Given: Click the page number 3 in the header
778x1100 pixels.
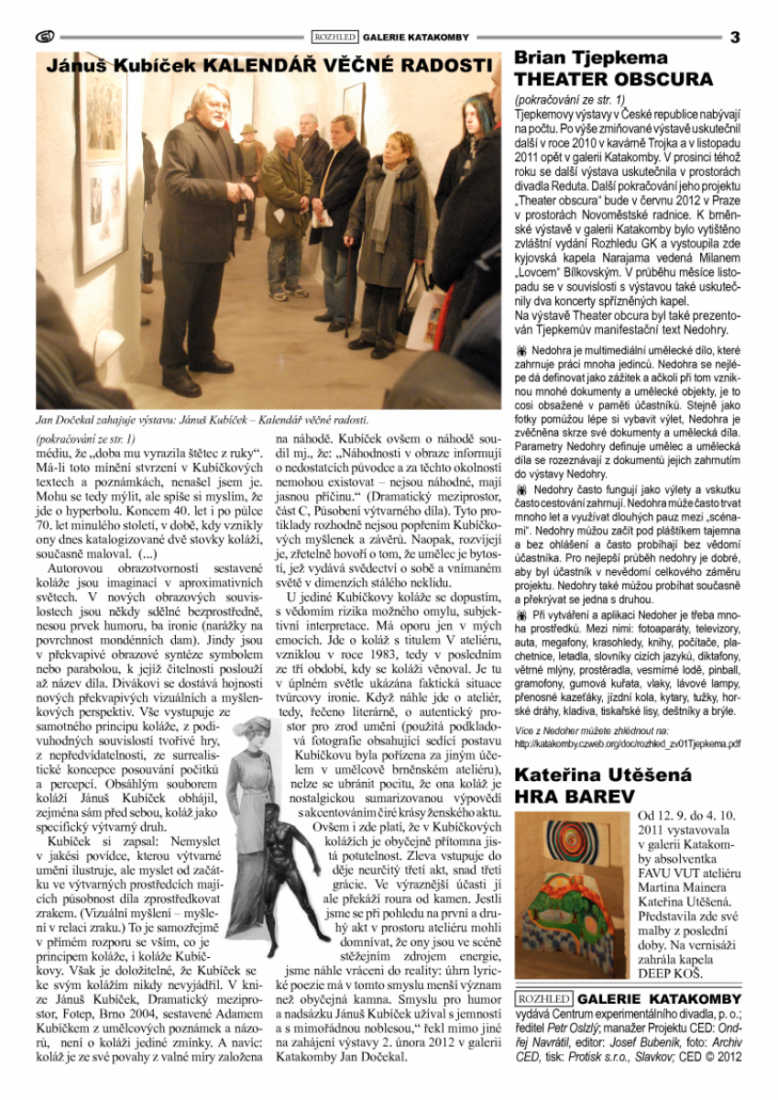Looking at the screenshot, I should [x=735, y=38].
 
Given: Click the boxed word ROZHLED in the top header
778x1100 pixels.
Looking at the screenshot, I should [x=334, y=38].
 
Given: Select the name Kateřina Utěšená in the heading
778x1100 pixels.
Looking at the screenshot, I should [x=603, y=775].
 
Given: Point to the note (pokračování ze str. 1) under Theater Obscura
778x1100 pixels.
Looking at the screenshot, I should [x=569, y=98].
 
